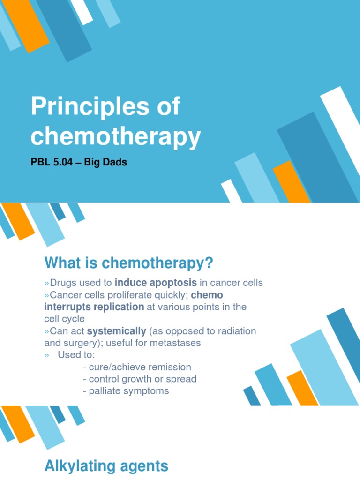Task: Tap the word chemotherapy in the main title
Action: [x=116, y=136]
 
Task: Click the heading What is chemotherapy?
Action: [x=129, y=263]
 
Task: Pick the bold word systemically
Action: [x=117, y=331]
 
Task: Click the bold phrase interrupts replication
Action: [x=94, y=307]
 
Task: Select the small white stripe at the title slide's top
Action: [x=82, y=11]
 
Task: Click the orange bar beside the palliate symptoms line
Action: [x=302, y=389]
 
